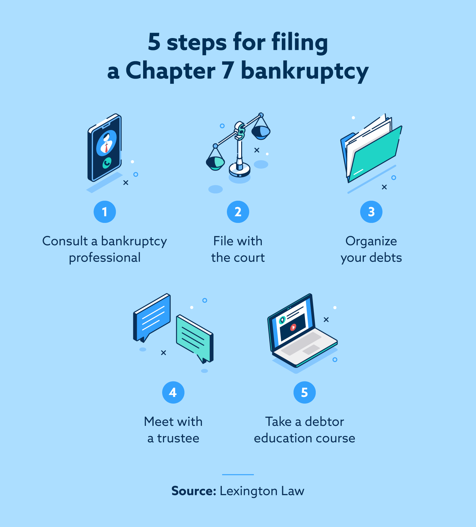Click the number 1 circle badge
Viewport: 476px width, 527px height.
tap(105, 212)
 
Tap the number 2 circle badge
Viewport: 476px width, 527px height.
tap(238, 212)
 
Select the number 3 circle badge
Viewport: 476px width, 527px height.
tap(371, 212)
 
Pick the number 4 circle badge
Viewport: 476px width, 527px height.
tap(173, 393)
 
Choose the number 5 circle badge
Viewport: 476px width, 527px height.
tap(305, 393)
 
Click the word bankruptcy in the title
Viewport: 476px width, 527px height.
tap(305, 71)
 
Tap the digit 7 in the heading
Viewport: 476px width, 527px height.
tap(228, 71)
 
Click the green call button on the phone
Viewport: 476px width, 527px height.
tap(107, 163)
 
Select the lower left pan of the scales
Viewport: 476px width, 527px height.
tap(215, 162)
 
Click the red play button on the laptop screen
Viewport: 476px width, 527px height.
tap(293, 327)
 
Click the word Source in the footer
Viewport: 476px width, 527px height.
tap(194, 491)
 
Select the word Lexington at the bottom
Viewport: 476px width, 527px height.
tap(248, 491)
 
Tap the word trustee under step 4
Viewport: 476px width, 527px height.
tap(178, 438)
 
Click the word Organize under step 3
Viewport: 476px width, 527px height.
tap(371, 241)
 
